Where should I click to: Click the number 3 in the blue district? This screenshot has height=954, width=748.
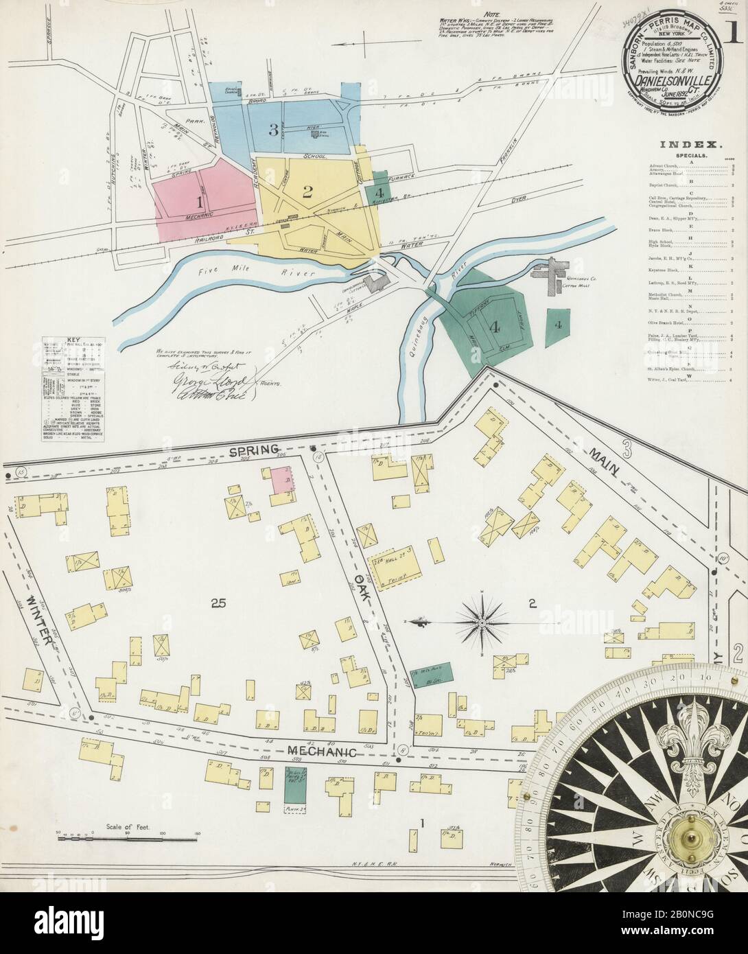(272, 130)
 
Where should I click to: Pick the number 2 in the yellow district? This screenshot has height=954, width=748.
(307, 191)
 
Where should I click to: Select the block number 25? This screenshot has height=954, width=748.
(218, 604)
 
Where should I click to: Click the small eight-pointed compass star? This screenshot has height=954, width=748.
(482, 623)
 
